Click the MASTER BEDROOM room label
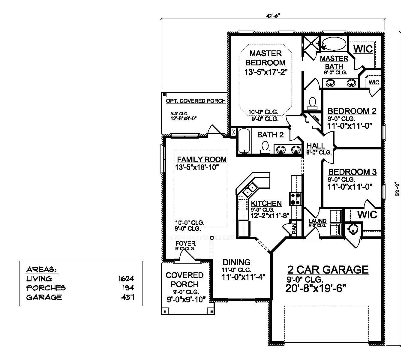click(265, 58)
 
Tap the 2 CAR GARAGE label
click(328, 269)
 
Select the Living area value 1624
click(126, 279)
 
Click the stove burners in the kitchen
click(295, 199)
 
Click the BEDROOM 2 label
click(352, 111)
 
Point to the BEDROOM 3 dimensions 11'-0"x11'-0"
click(350, 186)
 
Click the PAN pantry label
click(294, 228)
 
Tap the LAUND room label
click(317, 221)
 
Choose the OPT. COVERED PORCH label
click(196, 101)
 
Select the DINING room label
click(236, 262)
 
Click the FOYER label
click(185, 244)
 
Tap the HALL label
click(316, 146)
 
